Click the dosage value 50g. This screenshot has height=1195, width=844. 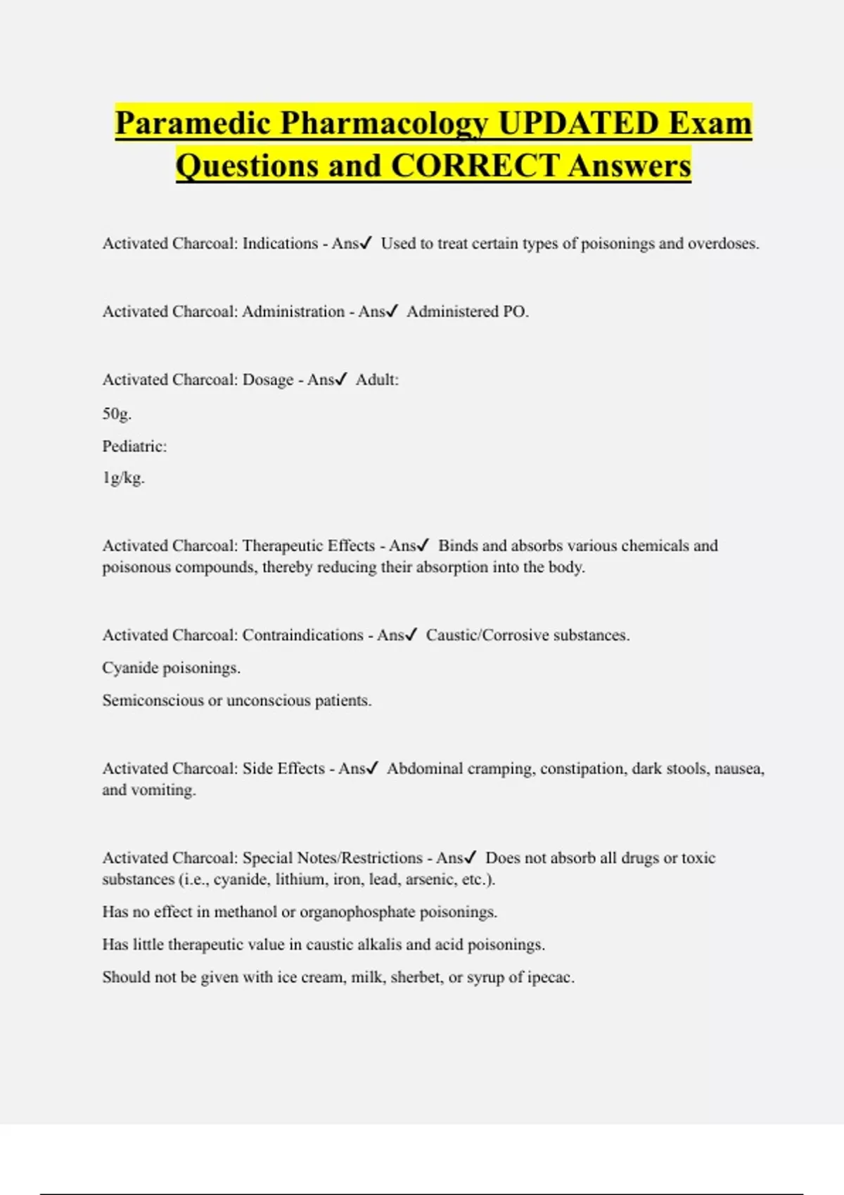click(117, 413)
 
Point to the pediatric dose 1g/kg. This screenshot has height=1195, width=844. click(123, 478)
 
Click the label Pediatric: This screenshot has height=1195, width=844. click(134, 446)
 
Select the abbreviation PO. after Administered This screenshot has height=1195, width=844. click(516, 311)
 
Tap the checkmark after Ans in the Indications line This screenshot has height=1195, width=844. click(365, 243)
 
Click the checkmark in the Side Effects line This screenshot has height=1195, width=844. click(372, 768)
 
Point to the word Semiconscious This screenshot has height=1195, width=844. click(153, 700)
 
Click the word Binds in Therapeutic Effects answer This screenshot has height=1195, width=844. click(457, 545)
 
